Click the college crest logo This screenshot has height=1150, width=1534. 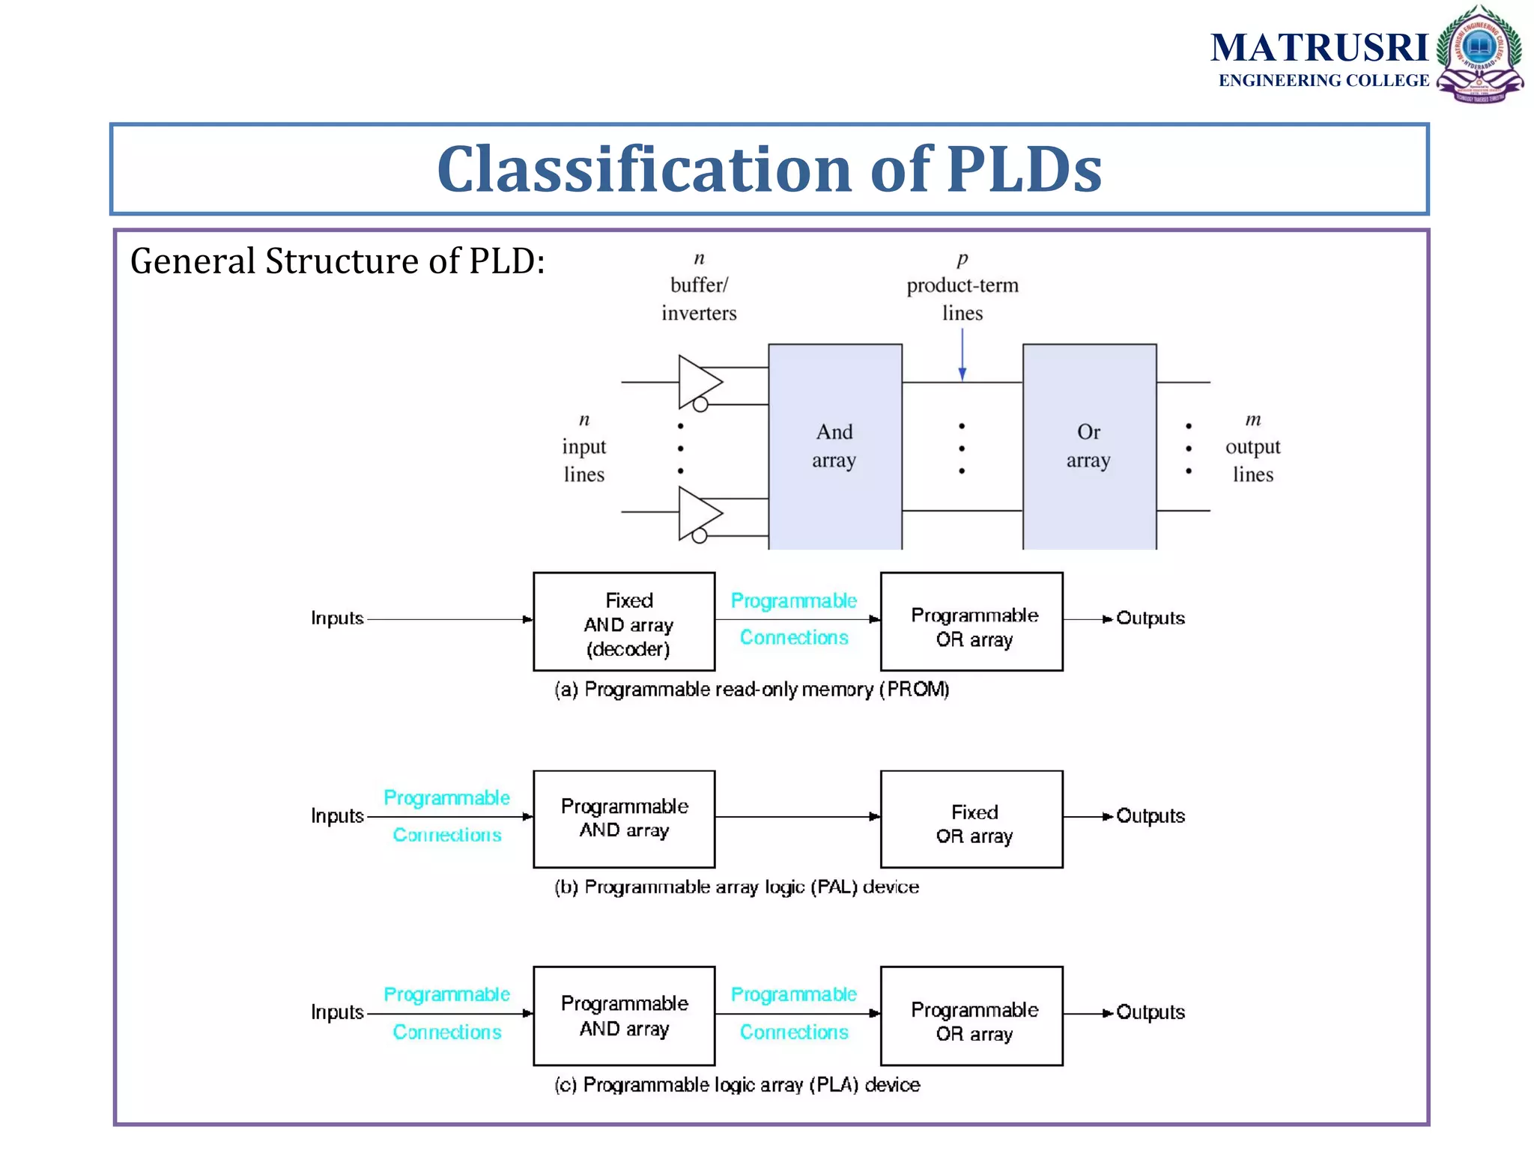(x=1479, y=54)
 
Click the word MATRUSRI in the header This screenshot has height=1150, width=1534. (x=1320, y=48)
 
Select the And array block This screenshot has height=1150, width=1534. (x=834, y=446)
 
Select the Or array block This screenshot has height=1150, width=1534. (x=1089, y=446)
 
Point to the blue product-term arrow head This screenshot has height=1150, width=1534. (x=962, y=374)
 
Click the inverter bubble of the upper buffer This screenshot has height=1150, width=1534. (x=700, y=405)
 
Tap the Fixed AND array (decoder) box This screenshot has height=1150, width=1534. (x=624, y=621)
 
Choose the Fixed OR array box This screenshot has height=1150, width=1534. (x=971, y=819)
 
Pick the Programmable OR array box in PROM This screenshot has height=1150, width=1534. (x=971, y=621)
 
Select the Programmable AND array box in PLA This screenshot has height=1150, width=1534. (x=624, y=1015)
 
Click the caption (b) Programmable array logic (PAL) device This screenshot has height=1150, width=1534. (x=736, y=887)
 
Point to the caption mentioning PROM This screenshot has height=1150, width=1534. (x=751, y=690)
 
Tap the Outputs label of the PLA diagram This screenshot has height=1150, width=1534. (x=1150, y=1012)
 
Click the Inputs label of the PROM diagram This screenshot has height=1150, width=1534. (x=337, y=618)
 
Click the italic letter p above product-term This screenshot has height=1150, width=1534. (x=962, y=258)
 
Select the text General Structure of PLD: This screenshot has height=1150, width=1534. (x=337, y=261)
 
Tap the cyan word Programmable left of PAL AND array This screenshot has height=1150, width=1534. (x=446, y=798)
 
